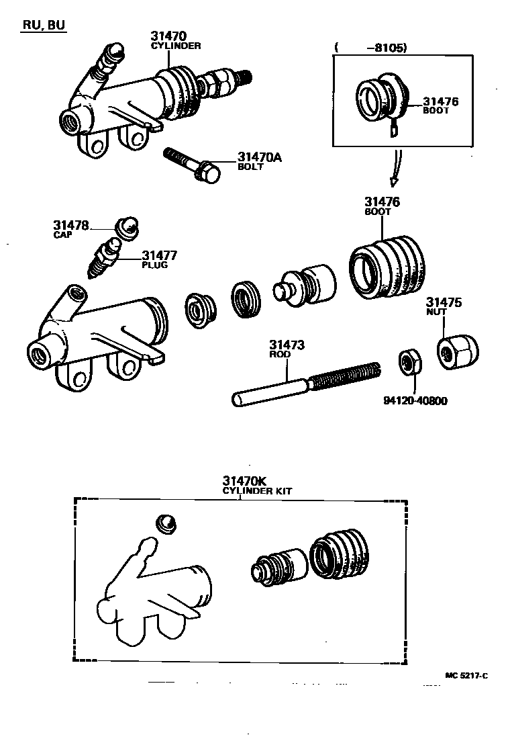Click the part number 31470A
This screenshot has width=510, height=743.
click(x=259, y=158)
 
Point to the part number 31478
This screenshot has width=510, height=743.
click(x=71, y=225)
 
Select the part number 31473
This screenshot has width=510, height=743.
click(x=287, y=345)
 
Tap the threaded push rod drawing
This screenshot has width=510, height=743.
click(x=306, y=385)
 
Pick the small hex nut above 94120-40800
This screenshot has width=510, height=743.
click(x=407, y=363)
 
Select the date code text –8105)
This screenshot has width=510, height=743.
click(x=387, y=48)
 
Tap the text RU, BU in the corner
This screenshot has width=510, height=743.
click(x=45, y=26)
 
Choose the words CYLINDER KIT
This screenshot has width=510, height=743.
click(x=257, y=491)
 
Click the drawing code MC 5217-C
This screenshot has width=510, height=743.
click(x=466, y=675)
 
